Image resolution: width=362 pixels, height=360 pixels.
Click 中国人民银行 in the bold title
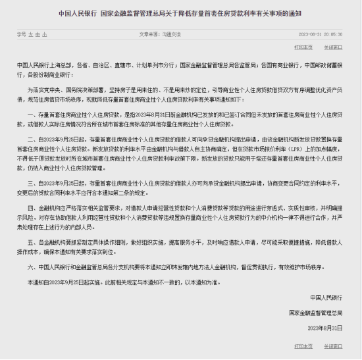tap(78, 13)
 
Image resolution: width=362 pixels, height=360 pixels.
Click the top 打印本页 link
tap(303, 47)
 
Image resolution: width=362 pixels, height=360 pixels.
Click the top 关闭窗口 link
tap(333, 47)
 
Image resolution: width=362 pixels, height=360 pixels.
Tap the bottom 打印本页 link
tap(303, 345)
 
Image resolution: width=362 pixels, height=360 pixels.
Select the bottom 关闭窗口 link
tap(333, 345)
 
